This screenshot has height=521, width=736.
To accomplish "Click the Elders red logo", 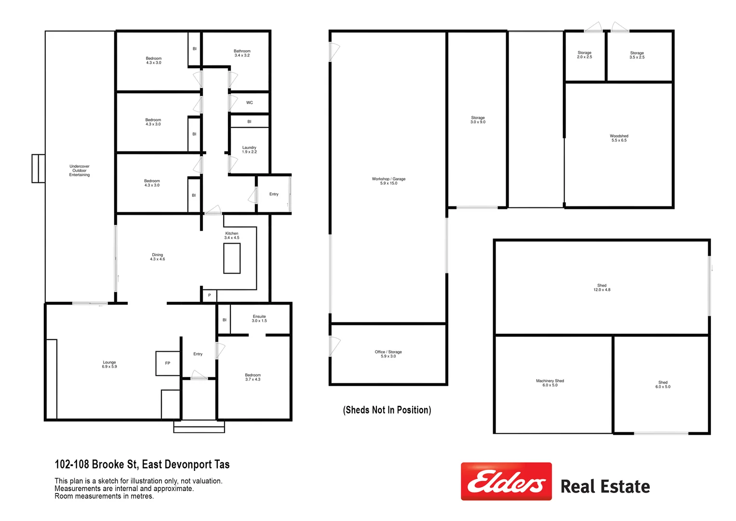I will click(506, 481).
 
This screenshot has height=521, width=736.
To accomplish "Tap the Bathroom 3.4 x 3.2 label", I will click(242, 53).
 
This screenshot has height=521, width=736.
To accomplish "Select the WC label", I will click(249, 103).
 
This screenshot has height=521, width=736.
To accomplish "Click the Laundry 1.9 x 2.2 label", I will click(249, 150).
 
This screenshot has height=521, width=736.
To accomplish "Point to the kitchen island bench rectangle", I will click(232, 259).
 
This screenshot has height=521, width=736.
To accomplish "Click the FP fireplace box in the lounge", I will click(168, 363).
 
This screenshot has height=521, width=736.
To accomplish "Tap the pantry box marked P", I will click(209, 295).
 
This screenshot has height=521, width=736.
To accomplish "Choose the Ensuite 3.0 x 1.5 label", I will click(259, 318).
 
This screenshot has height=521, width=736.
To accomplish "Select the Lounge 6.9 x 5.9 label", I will click(109, 364).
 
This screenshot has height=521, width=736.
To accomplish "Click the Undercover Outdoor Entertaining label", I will click(80, 170).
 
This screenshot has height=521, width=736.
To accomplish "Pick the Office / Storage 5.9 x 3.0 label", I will click(388, 354).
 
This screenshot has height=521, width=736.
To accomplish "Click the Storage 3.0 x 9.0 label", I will click(478, 120).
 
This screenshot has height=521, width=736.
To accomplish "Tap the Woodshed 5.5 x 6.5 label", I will click(619, 138).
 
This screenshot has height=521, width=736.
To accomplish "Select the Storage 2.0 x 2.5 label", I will click(584, 55).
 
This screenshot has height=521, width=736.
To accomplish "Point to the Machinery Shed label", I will click(550, 383).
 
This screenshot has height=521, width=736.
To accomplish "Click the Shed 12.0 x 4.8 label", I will click(602, 288).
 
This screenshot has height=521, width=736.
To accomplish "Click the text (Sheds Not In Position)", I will click(387, 410).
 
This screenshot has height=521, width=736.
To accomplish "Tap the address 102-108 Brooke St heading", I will click(142, 465).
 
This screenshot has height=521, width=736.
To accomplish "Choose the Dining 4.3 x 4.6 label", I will click(158, 257).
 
